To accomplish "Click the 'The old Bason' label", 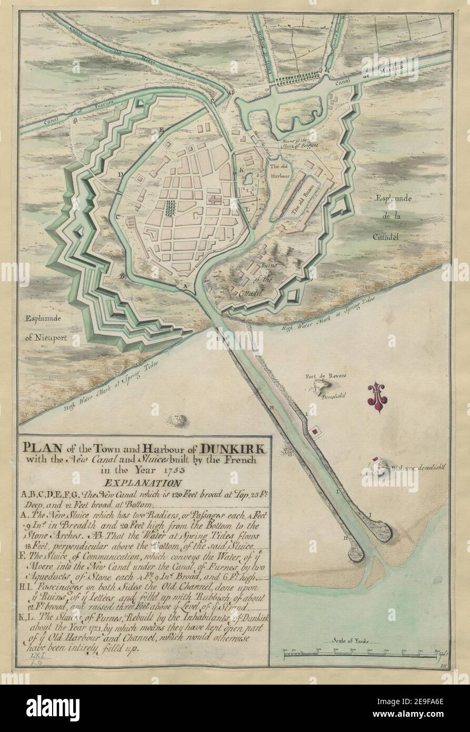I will click(x=303, y=200).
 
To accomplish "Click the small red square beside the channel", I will click(x=315, y=432).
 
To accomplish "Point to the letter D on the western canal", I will click(x=121, y=174).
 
